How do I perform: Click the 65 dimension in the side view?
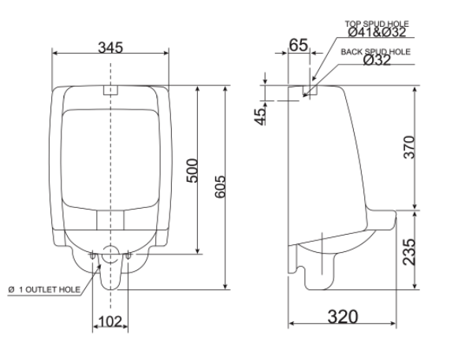coord(297,45)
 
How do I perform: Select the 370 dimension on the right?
coord(422,147)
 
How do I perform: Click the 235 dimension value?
coord(422,251)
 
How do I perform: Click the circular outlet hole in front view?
coord(111,254)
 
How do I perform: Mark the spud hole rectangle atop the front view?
coord(110,89)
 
